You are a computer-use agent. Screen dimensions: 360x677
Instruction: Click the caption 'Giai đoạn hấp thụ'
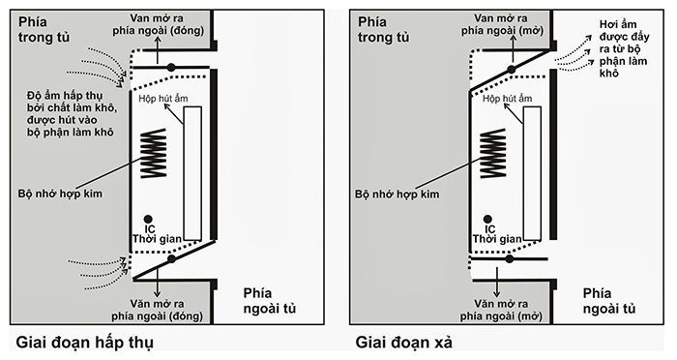pyautogui.click(x=84, y=342)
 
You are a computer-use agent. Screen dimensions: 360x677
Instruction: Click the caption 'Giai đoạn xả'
pyautogui.click(x=408, y=342)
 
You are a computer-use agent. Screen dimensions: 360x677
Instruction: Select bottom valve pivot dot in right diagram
pyautogui.click(x=510, y=258)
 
